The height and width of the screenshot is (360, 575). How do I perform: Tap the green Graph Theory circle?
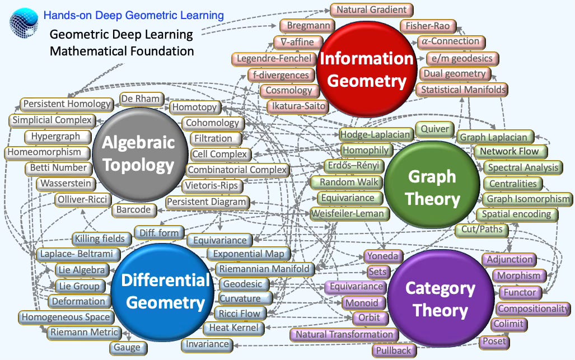coord(433,188)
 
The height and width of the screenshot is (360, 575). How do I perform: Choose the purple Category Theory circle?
coord(440,300)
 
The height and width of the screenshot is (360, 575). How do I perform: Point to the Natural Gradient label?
coord(372,10)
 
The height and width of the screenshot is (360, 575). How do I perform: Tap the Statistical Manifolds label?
coord(462,90)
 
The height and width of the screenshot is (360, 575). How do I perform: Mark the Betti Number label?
coord(58,167)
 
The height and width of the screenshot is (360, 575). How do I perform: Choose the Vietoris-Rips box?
coord(212,185)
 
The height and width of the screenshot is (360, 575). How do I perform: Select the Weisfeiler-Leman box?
coord(348,213)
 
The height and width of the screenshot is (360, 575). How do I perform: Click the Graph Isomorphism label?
coord(527,199)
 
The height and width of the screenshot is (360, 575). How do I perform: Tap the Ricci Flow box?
coord(239,314)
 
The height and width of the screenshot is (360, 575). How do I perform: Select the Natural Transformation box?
coord(344,334)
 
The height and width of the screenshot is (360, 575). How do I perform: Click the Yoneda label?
coord(383,256)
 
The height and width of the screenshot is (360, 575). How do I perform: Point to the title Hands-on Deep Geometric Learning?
coord(133,15)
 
